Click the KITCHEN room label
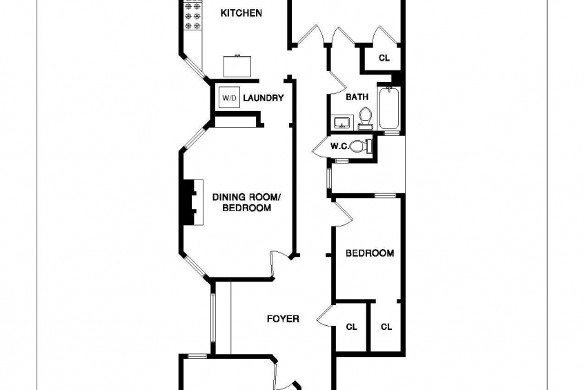point(241,13)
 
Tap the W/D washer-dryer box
point(229,98)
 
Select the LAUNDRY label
point(264,98)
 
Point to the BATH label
point(357,97)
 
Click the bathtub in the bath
point(389,108)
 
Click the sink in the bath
point(341,122)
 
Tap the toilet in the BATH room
point(365,118)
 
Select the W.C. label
point(339,146)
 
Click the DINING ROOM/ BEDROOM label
point(246,202)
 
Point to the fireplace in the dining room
point(193,202)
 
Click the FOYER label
point(283,319)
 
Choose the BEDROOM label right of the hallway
point(370,253)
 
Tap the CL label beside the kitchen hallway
point(384,58)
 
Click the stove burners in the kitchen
point(193,16)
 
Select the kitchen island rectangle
point(237,66)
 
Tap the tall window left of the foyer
point(213,318)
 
